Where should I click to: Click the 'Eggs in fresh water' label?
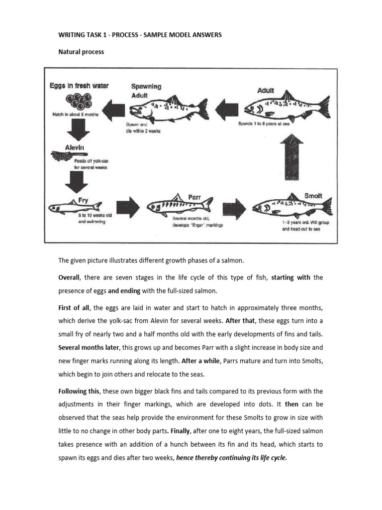coord(79,86)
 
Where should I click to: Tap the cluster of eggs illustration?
coord(78,101)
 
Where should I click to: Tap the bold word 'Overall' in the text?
coord(69,277)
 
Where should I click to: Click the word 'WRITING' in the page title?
coord(73,35)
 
